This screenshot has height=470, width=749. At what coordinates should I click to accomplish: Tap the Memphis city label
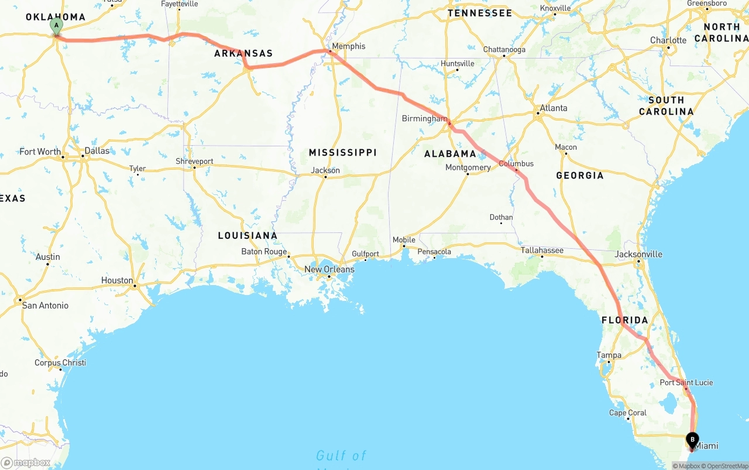[x=348, y=46]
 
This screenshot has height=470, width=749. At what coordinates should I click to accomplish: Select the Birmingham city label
[x=424, y=119]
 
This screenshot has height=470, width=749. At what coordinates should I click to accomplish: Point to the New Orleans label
[x=329, y=269]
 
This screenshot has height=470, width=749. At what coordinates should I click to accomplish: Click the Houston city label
[x=117, y=280]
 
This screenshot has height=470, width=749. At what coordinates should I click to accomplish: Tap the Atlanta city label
[x=553, y=108]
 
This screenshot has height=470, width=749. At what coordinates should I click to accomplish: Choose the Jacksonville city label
[x=638, y=254]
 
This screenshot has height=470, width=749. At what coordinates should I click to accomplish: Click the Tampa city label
[x=609, y=355]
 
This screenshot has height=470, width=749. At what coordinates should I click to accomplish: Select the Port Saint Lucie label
[x=686, y=383]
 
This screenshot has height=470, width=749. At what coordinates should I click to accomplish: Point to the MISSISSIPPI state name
[x=342, y=153]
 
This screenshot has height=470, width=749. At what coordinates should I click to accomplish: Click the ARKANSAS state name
[x=243, y=54]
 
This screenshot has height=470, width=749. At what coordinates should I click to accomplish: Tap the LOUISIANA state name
[x=248, y=235]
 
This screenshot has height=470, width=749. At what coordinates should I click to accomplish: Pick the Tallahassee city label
[x=542, y=251]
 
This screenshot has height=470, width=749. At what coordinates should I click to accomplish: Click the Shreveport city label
[x=194, y=162]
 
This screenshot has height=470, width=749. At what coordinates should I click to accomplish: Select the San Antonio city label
[x=45, y=306]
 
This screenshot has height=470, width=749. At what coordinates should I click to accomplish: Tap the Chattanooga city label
[x=504, y=50]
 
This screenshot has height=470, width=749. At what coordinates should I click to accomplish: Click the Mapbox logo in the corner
[x=26, y=463]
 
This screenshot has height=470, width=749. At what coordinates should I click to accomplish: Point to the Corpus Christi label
[x=60, y=363]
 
